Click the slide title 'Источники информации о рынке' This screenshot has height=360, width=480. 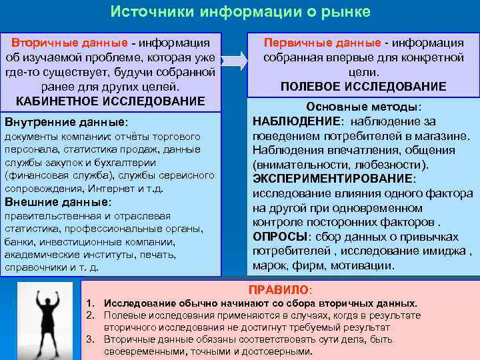point(240,13)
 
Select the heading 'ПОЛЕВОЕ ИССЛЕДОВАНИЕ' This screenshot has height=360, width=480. point(363,87)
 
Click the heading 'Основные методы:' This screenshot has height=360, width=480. point(363,107)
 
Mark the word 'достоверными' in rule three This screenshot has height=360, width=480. point(278,351)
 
